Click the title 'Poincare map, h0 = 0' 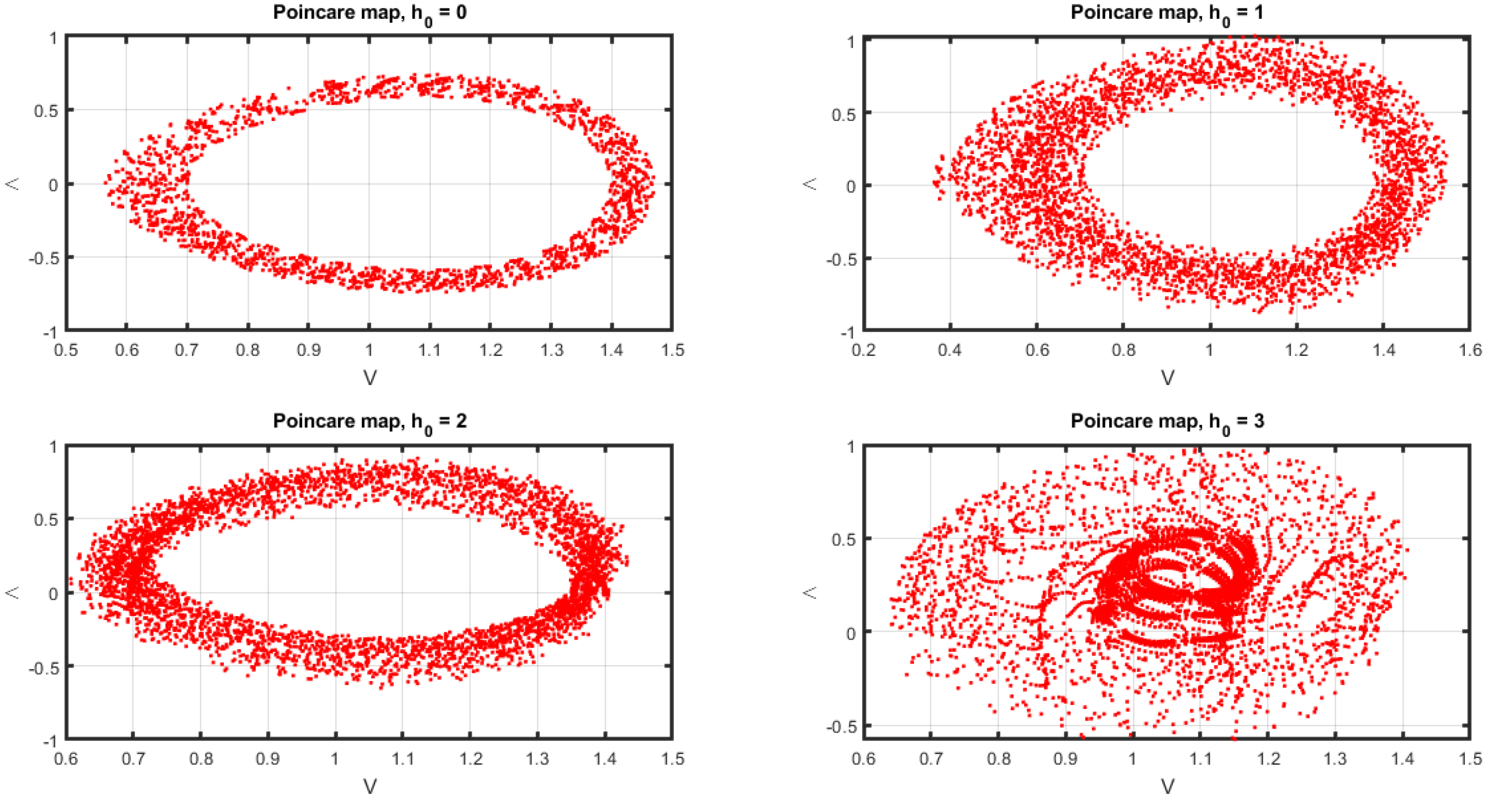370,13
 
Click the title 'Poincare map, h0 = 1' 1167,13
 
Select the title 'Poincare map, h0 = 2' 370,422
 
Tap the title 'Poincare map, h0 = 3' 1167,422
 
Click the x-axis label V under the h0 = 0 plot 370,378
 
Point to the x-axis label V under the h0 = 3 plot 1167,786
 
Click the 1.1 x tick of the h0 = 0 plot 430,351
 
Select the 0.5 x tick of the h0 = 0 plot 66,351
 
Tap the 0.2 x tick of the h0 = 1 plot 863,351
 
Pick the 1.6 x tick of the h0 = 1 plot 1470,351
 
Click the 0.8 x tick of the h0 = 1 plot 1123,351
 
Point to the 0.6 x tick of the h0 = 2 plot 66,759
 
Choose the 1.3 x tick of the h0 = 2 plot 538,759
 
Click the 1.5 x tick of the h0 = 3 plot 1470,759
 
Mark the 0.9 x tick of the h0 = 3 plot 1066,759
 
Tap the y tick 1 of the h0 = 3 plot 851,447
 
